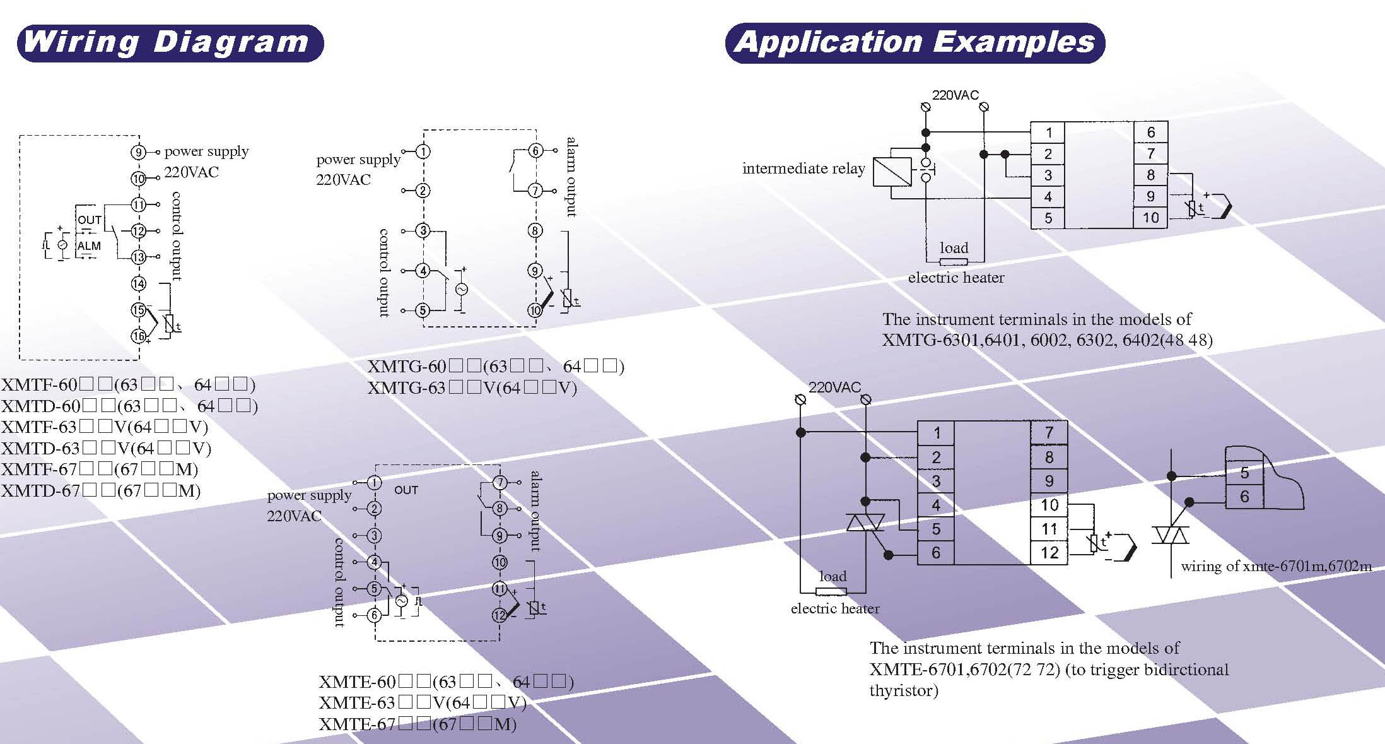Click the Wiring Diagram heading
[x=169, y=43]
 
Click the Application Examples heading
[x=915, y=43]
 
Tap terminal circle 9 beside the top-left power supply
[x=139, y=152]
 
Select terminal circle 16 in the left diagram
[x=139, y=336]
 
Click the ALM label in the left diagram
[x=89, y=246]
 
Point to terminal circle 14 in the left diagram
[x=139, y=284]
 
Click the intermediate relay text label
[x=804, y=168]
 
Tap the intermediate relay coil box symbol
[x=892, y=172]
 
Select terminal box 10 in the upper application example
[x=1150, y=218]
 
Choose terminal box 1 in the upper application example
[x=1048, y=133]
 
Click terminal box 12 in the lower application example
[x=1049, y=553]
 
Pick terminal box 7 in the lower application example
[x=1049, y=433]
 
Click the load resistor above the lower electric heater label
[x=831, y=592]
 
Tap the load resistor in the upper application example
[x=953, y=262]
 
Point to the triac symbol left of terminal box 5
[x=865, y=523]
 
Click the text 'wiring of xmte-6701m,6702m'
[x=1275, y=567]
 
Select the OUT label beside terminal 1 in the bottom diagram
[x=406, y=490]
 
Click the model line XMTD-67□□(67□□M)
[x=101, y=490]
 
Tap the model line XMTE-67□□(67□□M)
[x=418, y=724]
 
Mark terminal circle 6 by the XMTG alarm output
[x=535, y=151]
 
